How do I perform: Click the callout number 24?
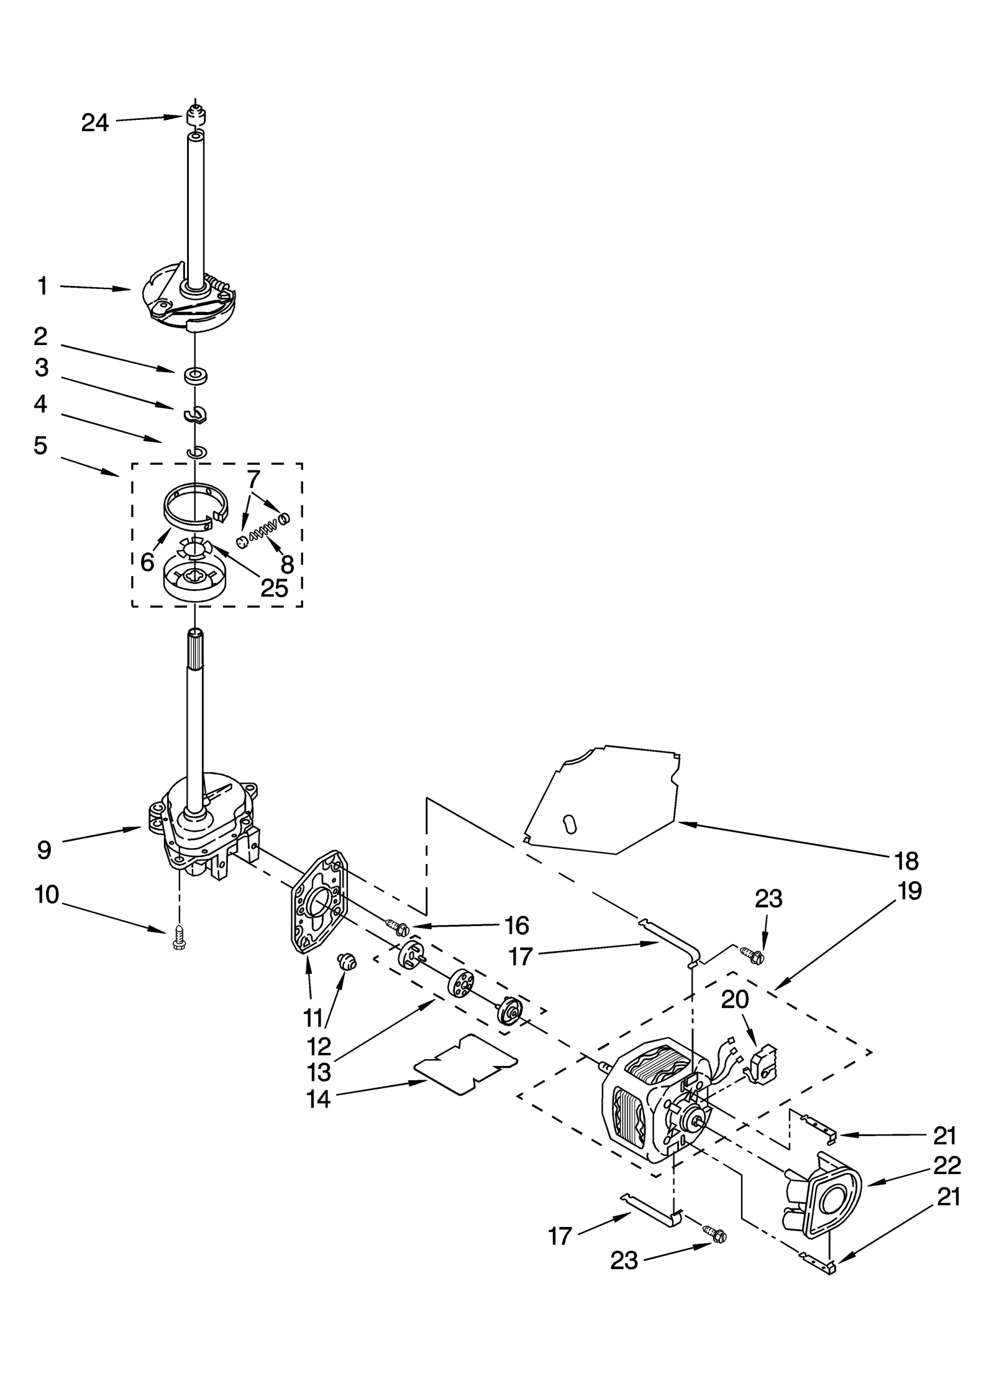[x=94, y=123]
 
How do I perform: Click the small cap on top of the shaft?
[x=195, y=115]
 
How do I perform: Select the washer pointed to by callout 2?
[x=196, y=376]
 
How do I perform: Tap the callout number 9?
[x=43, y=850]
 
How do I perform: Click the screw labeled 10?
[x=180, y=944]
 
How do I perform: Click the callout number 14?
[x=318, y=1100]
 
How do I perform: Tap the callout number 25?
[x=274, y=587]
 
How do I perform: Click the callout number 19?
[x=910, y=891]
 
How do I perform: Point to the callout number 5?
[x=40, y=446]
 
